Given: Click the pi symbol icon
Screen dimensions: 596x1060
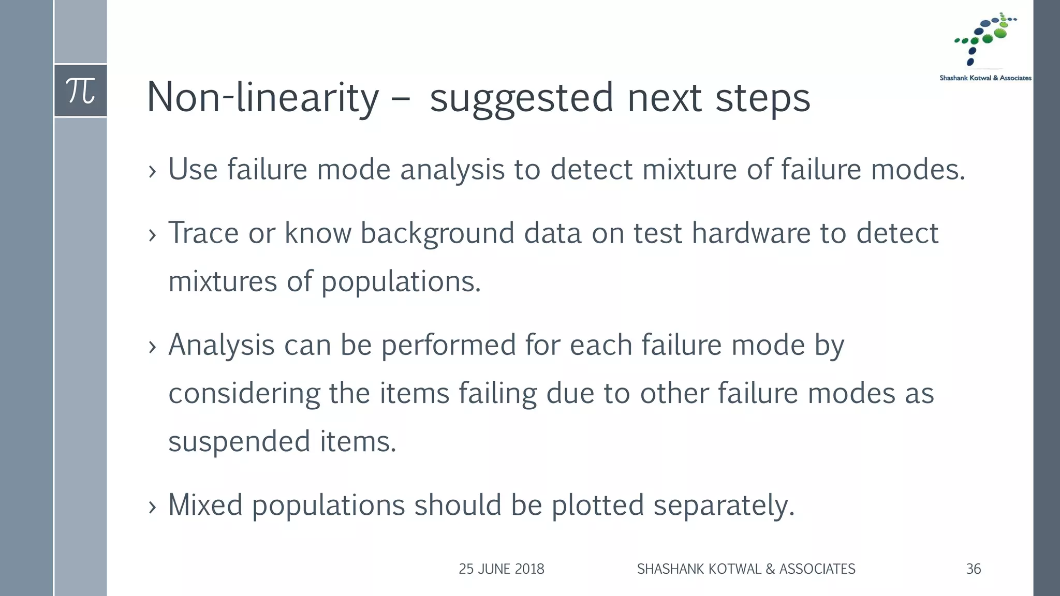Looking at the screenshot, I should pos(81,91).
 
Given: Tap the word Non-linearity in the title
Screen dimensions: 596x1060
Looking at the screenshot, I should pos(263,97).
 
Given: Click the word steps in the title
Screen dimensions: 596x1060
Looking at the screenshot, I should pos(762,97).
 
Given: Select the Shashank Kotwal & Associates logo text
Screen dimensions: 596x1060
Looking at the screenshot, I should pos(985,78).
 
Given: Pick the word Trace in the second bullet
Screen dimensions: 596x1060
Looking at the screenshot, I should pos(203,233).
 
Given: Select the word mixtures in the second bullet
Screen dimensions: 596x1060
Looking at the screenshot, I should pos(223,281).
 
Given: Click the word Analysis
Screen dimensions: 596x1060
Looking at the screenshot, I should pos(221,345).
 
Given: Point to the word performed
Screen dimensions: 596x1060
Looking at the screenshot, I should pos(449,345).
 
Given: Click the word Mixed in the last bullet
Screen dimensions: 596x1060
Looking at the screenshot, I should pos(205,505).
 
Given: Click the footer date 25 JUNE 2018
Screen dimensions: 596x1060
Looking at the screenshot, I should pos(501,569).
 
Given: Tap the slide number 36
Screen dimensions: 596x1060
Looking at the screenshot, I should pos(973,569).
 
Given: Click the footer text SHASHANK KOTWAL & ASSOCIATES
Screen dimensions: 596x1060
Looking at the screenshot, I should pos(746,569).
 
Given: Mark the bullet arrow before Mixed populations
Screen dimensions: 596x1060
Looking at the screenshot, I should pos(152,507).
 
